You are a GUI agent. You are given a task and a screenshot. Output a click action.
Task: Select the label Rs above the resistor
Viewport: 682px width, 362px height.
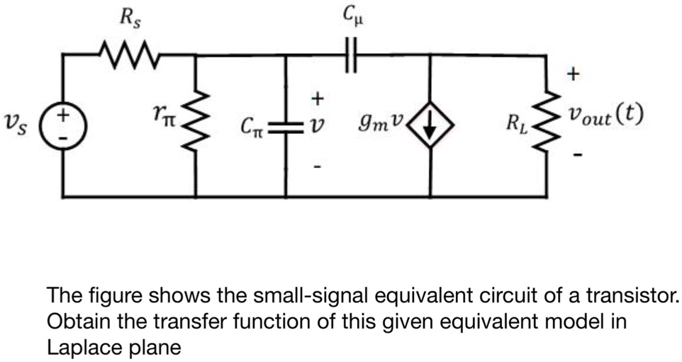coord(129,19)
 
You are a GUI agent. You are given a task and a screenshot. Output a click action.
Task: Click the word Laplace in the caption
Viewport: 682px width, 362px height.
coord(77,347)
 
